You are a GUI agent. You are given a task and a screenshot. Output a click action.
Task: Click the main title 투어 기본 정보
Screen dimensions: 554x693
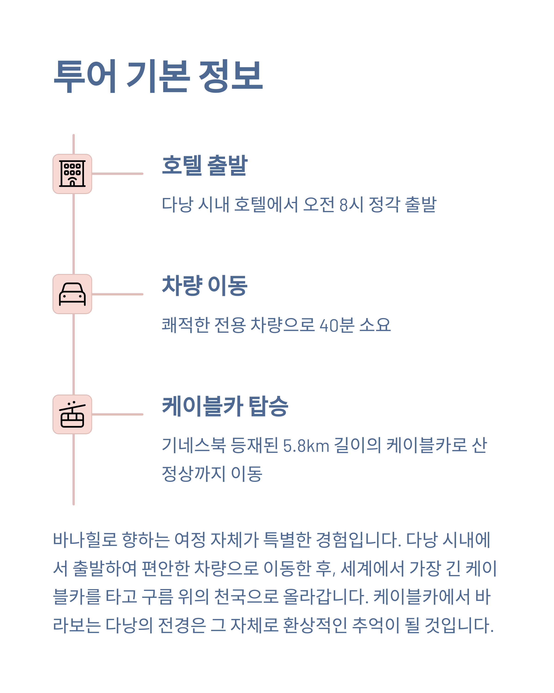158,76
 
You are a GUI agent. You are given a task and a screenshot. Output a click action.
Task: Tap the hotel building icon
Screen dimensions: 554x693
72,174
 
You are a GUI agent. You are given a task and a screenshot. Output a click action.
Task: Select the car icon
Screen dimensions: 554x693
72,294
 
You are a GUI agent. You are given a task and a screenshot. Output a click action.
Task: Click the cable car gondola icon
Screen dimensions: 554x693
72,414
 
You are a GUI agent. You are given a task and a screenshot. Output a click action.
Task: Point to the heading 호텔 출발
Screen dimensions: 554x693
205,166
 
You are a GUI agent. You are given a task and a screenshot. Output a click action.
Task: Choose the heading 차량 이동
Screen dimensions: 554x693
205,286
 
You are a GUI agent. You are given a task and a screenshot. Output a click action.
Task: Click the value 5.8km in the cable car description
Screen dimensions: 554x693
306,446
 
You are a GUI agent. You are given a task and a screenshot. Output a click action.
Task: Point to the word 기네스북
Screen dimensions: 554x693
194,446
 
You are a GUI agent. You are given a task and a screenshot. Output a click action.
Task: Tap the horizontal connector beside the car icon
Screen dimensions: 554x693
117,294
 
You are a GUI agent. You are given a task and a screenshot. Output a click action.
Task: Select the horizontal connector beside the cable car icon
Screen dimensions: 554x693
117,414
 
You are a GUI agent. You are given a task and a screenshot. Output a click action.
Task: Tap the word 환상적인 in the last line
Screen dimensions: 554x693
315,625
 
